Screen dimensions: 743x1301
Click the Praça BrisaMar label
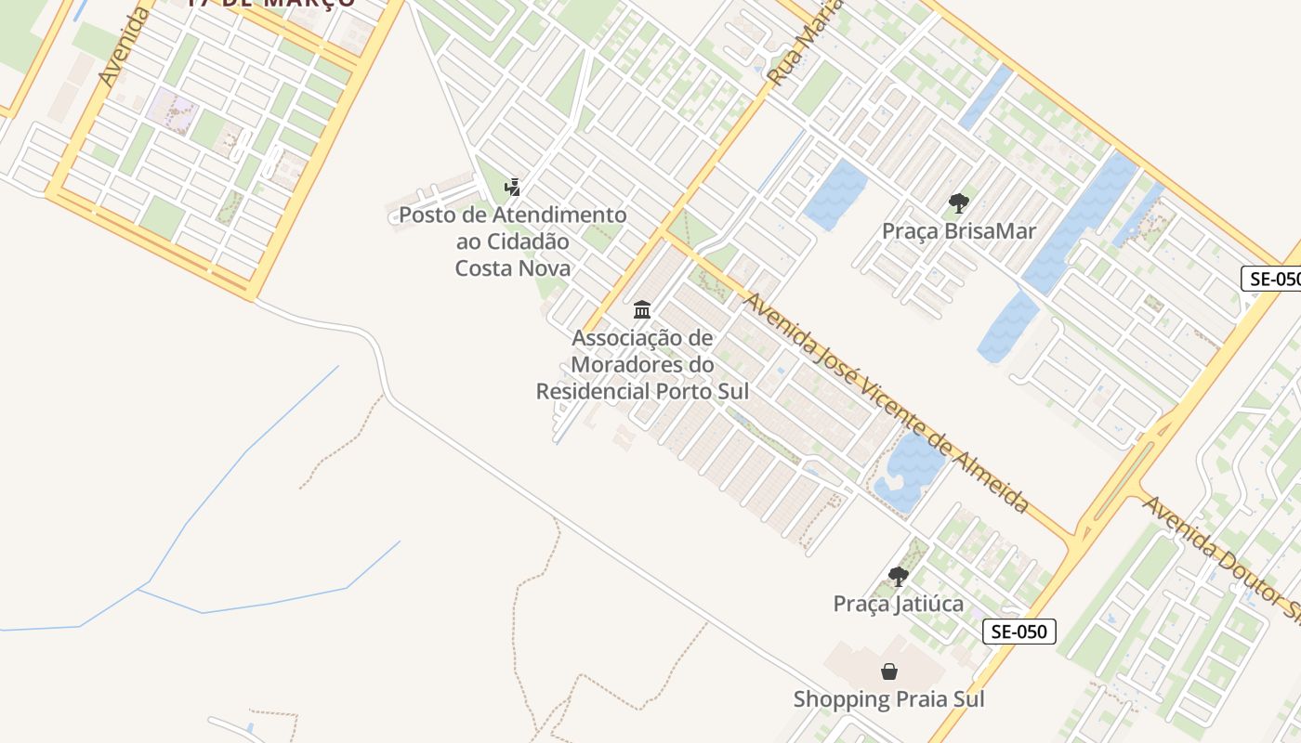pyautogui.click(x=958, y=231)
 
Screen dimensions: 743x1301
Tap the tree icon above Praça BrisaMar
pyautogui.click(x=958, y=203)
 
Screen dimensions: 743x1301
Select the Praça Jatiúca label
pyautogui.click(x=898, y=604)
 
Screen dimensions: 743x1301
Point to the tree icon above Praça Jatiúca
pyautogui.click(x=898, y=577)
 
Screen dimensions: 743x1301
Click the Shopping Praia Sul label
pyautogui.click(x=888, y=698)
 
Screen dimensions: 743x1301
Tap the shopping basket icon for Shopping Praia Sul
pyautogui.click(x=889, y=671)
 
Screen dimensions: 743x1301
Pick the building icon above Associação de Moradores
pyautogui.click(x=642, y=309)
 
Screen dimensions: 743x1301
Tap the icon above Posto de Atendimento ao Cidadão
pyautogui.click(x=512, y=188)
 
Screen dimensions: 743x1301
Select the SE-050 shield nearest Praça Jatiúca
pyautogui.click(x=1019, y=632)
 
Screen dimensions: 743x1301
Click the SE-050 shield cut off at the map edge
pyautogui.click(x=1271, y=279)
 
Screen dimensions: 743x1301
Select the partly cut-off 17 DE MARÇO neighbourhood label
pyautogui.click(x=270, y=4)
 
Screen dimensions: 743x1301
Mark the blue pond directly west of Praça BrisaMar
pyautogui.click(x=834, y=194)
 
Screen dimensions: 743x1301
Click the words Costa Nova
pyautogui.click(x=512, y=268)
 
